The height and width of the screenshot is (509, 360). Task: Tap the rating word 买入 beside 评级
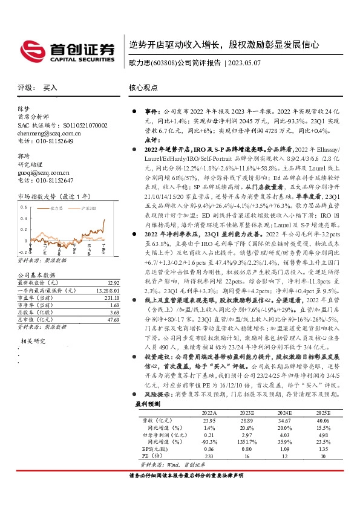[x=50, y=88]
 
